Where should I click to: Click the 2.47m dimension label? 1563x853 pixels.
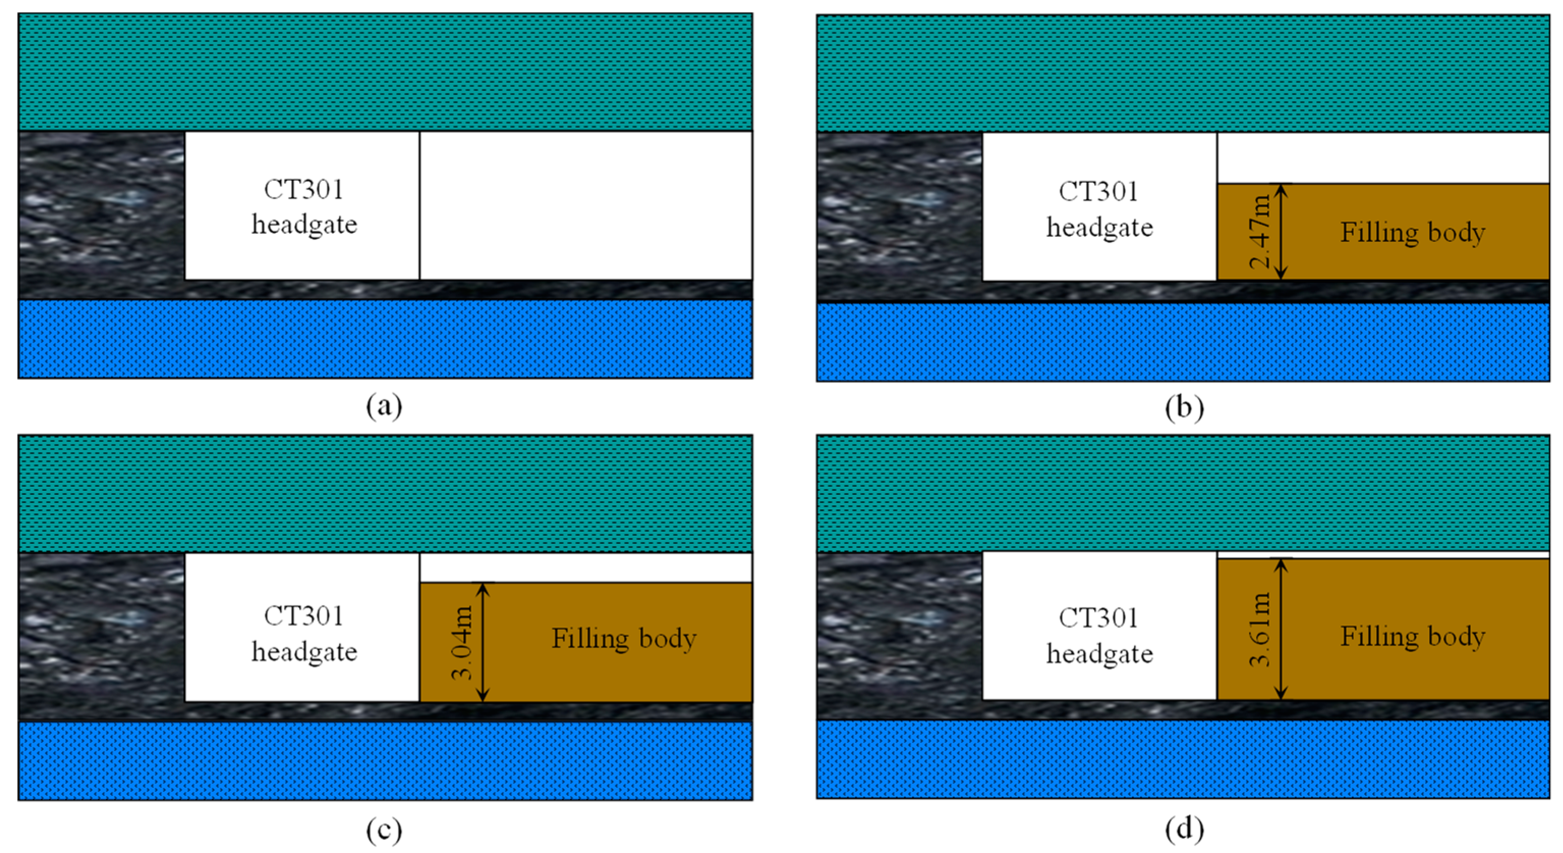click(x=1260, y=231)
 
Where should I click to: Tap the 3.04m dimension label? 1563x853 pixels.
click(x=463, y=642)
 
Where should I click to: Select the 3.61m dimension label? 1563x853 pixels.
click(x=1260, y=629)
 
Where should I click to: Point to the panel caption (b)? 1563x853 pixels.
click(x=1184, y=407)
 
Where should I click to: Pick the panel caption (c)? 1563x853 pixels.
click(x=384, y=830)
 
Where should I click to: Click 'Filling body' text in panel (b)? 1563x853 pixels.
click(x=1412, y=233)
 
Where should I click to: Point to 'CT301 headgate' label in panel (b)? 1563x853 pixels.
click(x=1099, y=209)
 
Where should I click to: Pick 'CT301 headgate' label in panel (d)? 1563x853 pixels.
click(x=1099, y=636)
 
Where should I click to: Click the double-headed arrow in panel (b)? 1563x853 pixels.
click(x=1281, y=231)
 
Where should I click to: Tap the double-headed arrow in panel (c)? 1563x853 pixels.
click(x=483, y=642)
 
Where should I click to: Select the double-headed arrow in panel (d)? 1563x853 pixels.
click(x=1281, y=629)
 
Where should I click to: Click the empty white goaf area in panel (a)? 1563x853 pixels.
click(x=586, y=205)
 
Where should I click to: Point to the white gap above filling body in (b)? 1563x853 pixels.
click(x=1383, y=157)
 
